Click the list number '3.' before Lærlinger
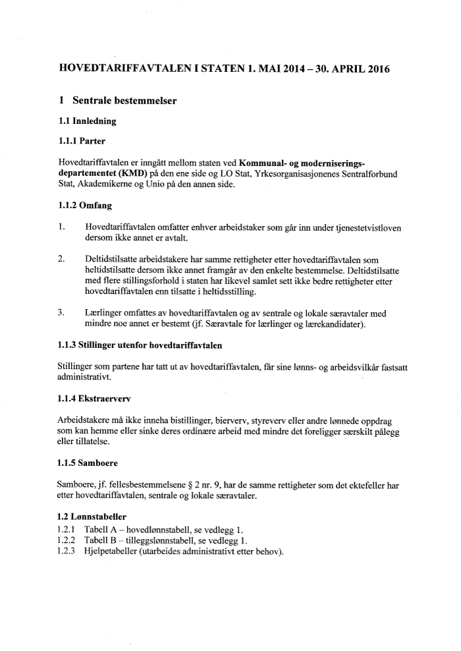pyautogui.click(x=61, y=314)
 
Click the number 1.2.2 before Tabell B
pyautogui.click(x=67, y=541)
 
